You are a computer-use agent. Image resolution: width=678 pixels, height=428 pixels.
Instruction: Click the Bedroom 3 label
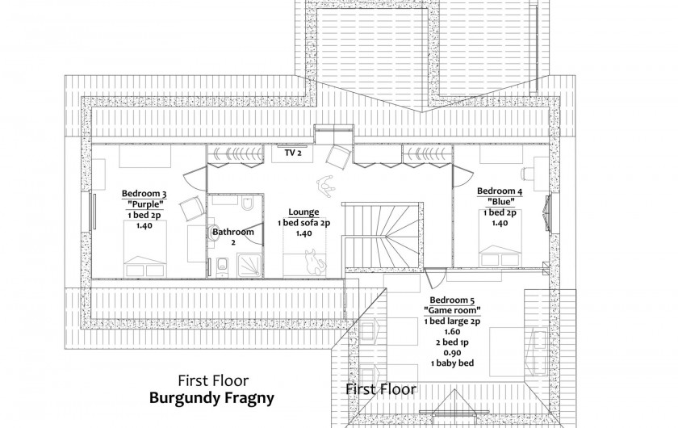[144, 194]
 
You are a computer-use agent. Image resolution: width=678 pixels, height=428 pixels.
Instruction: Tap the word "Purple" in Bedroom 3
[144, 204]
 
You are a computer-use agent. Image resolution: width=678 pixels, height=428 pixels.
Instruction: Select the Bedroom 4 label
[500, 191]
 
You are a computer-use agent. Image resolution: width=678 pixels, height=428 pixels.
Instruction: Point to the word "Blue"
[500, 201]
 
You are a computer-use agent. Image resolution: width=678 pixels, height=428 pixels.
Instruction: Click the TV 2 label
[293, 153]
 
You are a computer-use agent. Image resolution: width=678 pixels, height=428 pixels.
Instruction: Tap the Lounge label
[303, 212]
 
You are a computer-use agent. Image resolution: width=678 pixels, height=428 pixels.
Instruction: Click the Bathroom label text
[233, 232]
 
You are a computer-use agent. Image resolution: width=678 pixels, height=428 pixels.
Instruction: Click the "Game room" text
[452, 310]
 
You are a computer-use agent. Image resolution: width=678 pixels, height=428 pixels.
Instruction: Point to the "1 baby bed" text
[452, 363]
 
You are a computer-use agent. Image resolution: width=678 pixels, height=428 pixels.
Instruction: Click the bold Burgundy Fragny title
[211, 397]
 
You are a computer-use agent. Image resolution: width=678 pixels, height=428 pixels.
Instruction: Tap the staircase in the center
[383, 236]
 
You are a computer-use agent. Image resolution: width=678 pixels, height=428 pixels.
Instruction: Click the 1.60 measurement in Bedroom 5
[452, 331]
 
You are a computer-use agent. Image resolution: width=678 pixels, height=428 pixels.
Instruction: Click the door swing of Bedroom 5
[433, 278]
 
